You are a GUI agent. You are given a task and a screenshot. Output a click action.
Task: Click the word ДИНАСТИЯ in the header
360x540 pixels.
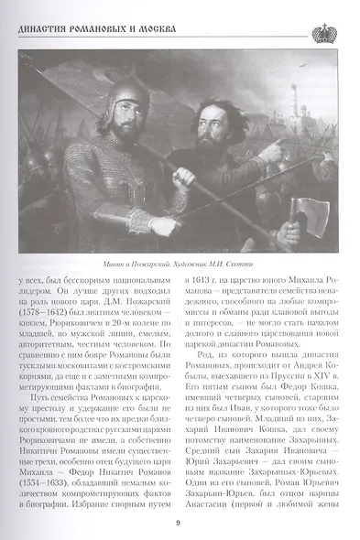coord(42,32)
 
